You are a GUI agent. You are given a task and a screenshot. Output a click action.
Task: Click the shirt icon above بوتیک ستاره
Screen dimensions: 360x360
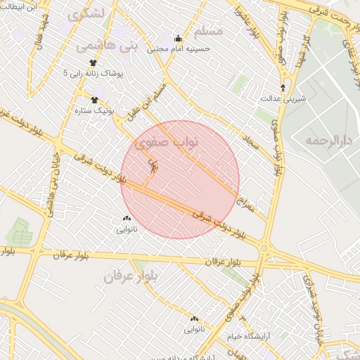[x=94, y=100]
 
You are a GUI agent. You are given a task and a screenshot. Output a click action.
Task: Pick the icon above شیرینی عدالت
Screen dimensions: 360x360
[x=283, y=88]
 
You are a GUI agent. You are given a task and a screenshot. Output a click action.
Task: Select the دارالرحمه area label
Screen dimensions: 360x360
[x=328, y=141]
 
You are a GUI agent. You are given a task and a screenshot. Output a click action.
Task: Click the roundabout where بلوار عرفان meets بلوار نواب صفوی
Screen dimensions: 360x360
[x=264, y=248]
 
